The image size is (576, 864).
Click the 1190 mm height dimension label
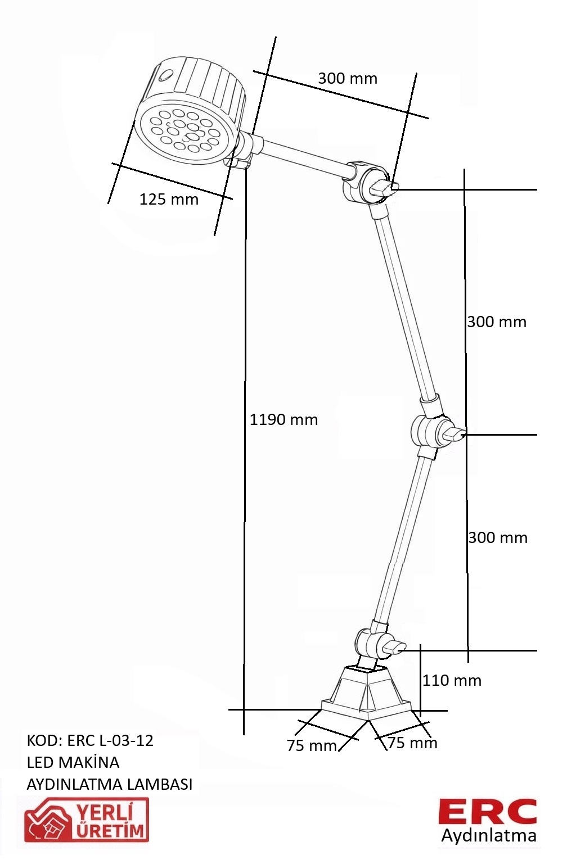tap(283, 420)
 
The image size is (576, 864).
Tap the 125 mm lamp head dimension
tap(169, 200)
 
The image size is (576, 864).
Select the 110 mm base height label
tap(452, 680)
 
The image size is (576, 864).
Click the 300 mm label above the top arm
tap(348, 79)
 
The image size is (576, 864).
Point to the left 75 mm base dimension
tap(312, 745)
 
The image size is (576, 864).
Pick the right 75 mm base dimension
tap(412, 743)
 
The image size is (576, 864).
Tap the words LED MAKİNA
tap(73, 762)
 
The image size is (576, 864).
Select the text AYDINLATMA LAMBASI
tap(110, 784)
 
